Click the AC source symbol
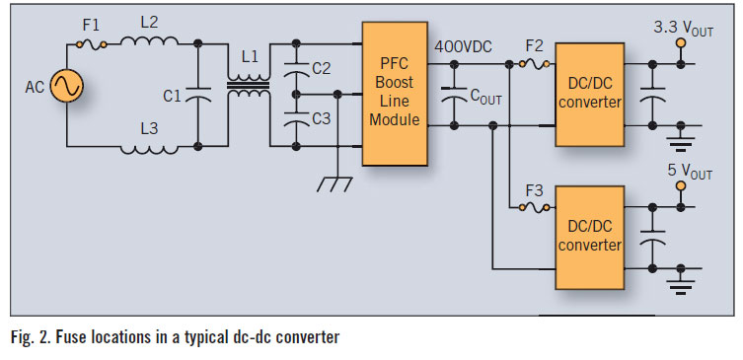coord(67,86)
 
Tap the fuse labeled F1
coord(91,45)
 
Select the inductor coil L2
coord(149,41)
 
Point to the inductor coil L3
coord(149,150)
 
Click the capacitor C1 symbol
coord(198,95)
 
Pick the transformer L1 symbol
coord(249,85)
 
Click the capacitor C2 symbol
coord(296,68)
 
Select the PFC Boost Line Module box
coord(395,94)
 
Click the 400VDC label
coord(463,47)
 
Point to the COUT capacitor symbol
coord(454,94)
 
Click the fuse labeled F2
coord(535,64)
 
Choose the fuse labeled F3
coord(535,207)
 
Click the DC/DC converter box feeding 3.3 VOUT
coord(589,95)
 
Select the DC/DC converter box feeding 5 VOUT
coord(589,238)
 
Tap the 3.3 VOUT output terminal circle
coord(681,43)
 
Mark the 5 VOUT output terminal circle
coord(681,186)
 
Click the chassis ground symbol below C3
coord(335,183)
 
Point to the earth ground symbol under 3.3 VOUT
coord(681,141)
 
